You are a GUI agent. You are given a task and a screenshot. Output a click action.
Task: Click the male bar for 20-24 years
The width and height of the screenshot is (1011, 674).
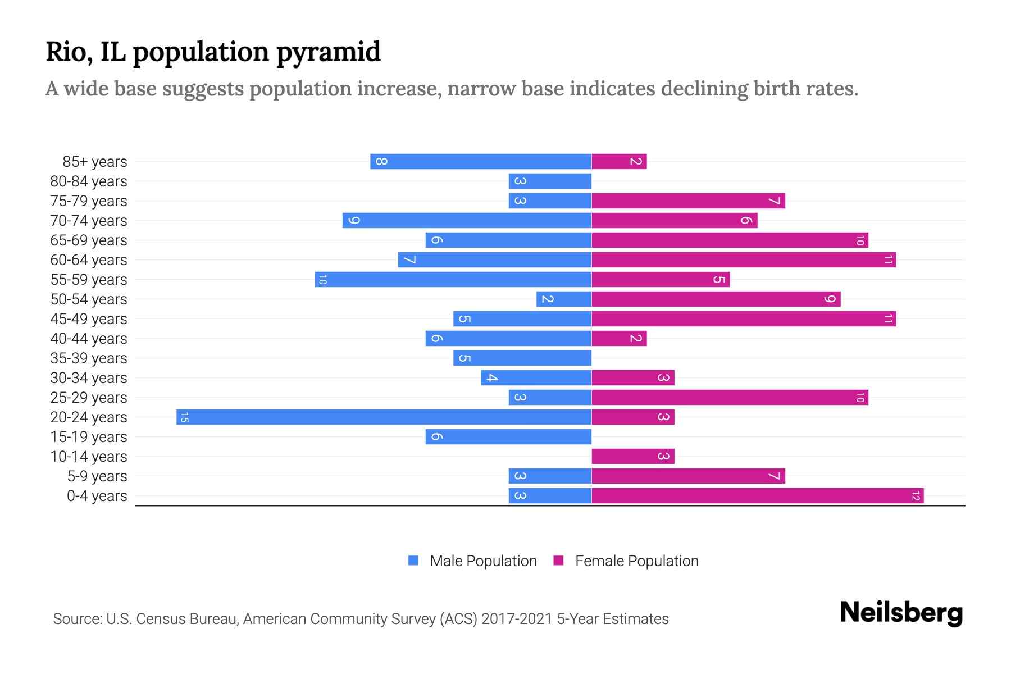point(384,417)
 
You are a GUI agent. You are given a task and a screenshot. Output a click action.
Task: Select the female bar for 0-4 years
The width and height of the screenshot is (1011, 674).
point(757,495)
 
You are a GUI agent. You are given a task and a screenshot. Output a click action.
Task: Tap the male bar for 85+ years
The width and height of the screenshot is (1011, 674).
point(481,161)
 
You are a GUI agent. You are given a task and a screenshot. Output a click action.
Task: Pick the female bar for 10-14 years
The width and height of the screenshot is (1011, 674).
point(632,456)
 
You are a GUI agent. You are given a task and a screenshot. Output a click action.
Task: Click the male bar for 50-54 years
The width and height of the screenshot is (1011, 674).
point(564,299)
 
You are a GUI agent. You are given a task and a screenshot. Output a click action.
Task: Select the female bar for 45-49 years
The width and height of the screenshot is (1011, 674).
point(743,318)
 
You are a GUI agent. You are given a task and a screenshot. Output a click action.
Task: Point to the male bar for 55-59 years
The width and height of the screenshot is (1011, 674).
point(453,279)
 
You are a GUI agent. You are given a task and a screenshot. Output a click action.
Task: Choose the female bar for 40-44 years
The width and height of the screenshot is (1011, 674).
point(619,338)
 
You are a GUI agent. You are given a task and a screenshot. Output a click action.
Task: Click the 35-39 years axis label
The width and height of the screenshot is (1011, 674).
point(89,358)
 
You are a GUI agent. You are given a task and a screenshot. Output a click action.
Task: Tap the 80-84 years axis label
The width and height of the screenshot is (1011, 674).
point(89,181)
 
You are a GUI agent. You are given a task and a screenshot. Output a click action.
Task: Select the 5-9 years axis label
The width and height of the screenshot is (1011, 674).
point(97,476)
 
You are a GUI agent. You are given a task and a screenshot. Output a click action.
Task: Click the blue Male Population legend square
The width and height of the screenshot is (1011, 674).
point(413,561)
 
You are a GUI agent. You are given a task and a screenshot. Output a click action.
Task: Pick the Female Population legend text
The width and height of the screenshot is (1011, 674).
point(636,561)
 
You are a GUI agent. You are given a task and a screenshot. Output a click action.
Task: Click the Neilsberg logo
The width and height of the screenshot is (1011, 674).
point(901,612)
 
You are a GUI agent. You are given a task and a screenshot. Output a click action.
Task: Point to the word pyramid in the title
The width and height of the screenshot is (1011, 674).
point(329,52)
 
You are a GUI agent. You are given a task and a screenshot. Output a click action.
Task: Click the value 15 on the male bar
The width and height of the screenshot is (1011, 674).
point(184,417)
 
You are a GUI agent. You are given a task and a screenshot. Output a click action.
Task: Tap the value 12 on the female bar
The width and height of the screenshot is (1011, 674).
point(916,495)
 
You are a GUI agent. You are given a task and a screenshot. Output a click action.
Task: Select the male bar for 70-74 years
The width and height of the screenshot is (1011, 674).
point(467,220)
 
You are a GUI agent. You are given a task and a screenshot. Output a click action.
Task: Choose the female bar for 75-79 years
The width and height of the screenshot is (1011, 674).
point(688,201)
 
